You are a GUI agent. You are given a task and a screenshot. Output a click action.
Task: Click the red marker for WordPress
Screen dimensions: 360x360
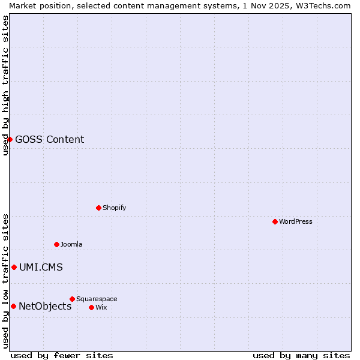click(x=275, y=221)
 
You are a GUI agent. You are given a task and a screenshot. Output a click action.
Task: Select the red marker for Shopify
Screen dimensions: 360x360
click(x=98, y=208)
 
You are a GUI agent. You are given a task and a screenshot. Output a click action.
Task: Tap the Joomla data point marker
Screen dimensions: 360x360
click(x=56, y=244)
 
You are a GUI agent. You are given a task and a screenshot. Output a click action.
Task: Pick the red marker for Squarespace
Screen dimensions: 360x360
click(x=72, y=299)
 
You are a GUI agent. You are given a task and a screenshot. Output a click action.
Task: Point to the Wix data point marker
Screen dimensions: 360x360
click(x=91, y=307)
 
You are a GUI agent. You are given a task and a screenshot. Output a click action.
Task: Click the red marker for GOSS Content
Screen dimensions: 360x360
click(x=10, y=139)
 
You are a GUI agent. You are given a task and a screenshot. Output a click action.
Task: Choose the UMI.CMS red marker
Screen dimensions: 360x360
click(x=14, y=267)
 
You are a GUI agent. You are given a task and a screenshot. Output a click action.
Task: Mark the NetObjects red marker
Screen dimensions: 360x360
click(x=13, y=306)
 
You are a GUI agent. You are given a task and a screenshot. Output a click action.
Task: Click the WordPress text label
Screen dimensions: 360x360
click(x=296, y=221)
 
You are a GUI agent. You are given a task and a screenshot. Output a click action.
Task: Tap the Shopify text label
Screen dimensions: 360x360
click(x=114, y=208)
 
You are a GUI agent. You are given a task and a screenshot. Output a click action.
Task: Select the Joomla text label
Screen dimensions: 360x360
click(x=71, y=244)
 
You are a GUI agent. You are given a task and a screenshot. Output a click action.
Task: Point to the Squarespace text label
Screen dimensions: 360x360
click(x=97, y=299)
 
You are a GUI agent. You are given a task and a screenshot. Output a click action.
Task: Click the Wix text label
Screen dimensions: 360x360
click(x=101, y=307)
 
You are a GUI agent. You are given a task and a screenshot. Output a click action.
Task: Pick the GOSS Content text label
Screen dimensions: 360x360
click(x=49, y=140)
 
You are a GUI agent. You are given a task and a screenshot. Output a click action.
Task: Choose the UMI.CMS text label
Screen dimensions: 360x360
click(x=41, y=268)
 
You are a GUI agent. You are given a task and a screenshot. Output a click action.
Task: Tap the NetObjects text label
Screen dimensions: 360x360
click(x=45, y=307)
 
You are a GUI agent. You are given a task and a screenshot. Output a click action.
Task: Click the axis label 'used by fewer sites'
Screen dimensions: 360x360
click(x=62, y=355)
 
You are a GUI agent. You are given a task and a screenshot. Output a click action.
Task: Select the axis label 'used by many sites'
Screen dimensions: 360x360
click(x=301, y=355)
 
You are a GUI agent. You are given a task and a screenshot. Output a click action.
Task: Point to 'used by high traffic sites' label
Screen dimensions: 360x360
click(x=5, y=85)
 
